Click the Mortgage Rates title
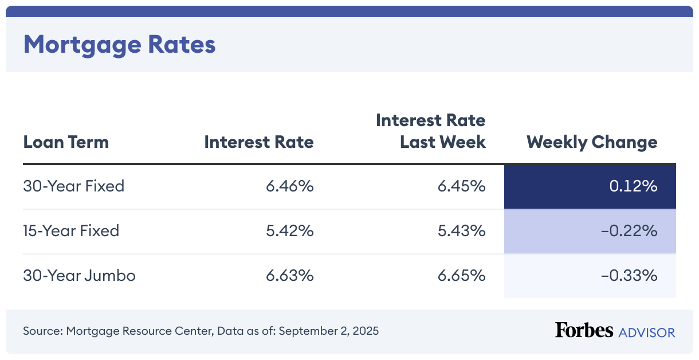[119, 45]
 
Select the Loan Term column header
[66, 142]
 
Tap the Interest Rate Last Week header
[431, 131]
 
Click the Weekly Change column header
[592, 142]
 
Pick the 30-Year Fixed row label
[73, 186]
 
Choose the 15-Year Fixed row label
[71, 231]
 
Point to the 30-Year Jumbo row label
[79, 276]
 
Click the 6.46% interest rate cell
[289, 186]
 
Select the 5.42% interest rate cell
[289, 231]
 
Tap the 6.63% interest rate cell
[289, 276]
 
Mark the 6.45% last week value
[462, 186]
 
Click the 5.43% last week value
[462, 231]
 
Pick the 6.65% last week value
[462, 276]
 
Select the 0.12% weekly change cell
[633, 186]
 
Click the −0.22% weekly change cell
[629, 231]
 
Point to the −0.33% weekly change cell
[629, 276]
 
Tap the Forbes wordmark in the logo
[583, 331]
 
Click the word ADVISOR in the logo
[647, 332]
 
